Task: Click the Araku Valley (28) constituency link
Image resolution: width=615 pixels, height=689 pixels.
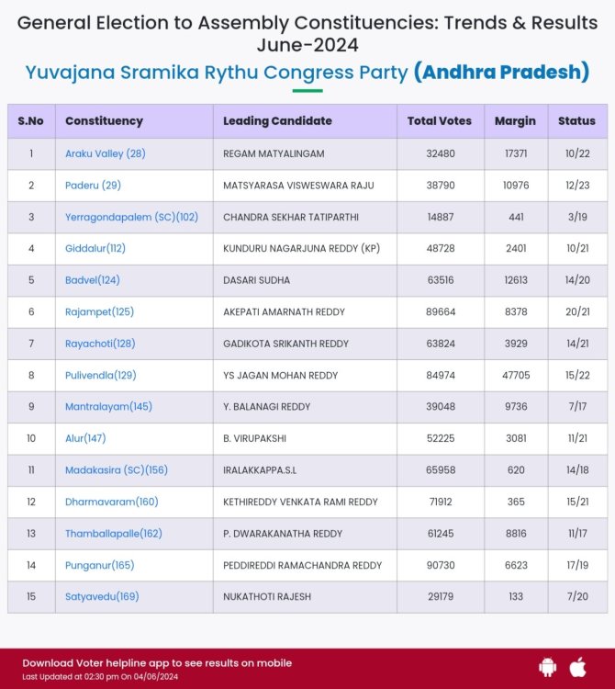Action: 105,153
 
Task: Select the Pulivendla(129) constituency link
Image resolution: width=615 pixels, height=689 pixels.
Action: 101,375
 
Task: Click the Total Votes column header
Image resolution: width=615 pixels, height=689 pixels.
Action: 440,120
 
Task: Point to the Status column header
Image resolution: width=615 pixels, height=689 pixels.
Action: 576,120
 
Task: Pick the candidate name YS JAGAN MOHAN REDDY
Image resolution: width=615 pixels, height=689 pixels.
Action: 280,375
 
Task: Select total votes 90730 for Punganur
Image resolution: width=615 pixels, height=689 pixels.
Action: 440,565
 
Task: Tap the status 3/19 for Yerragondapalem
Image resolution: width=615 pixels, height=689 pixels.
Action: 576,217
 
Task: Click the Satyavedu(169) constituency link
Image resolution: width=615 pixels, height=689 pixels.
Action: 102,596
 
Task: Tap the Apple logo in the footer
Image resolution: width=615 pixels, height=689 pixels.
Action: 577,665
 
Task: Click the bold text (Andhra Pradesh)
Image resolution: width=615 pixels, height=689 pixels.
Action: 501,72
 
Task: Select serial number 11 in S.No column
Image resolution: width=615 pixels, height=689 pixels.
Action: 30,469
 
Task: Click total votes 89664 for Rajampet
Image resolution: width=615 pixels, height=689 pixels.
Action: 440,311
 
